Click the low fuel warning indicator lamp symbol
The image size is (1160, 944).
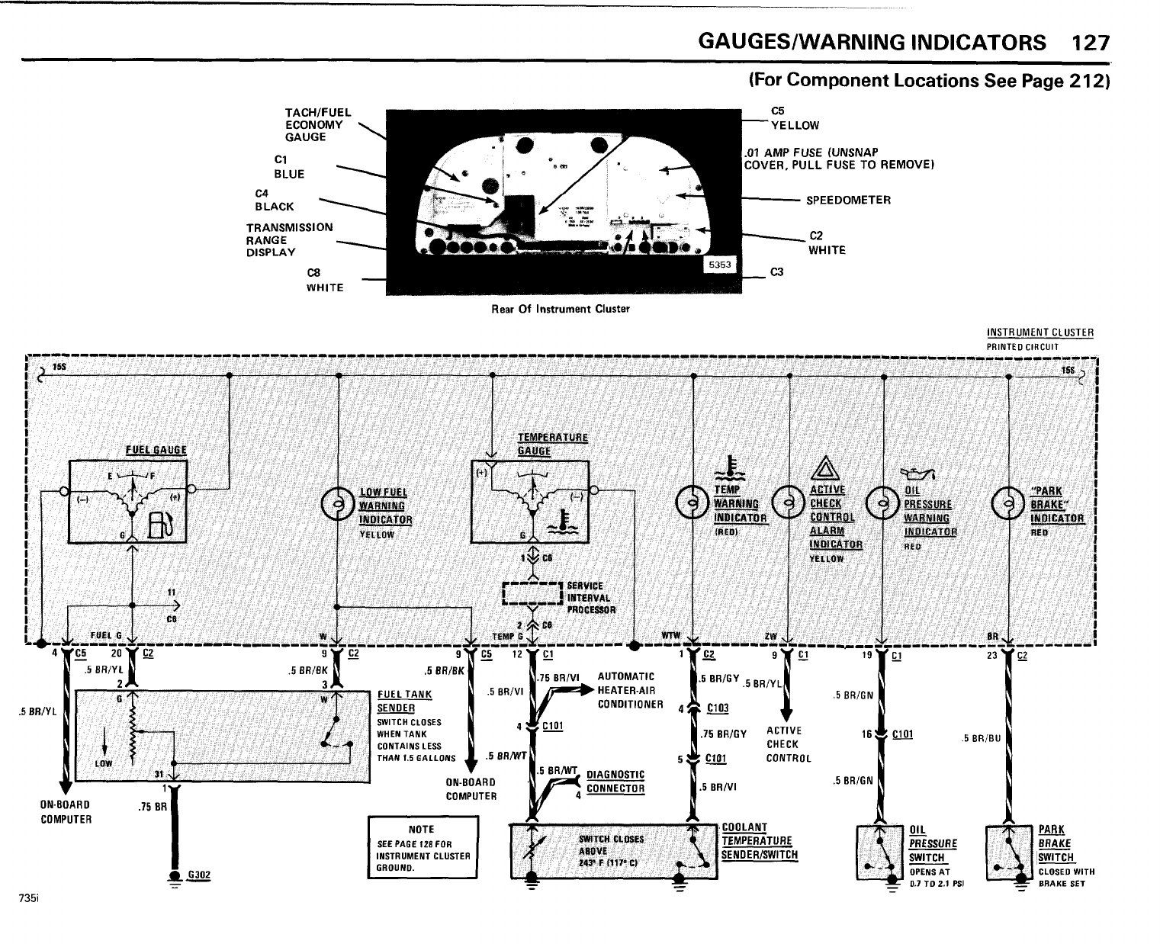click(x=336, y=504)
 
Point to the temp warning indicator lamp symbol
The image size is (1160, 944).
click(x=692, y=502)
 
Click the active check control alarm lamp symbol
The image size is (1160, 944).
click(x=789, y=503)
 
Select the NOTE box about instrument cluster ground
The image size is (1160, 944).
click(x=422, y=847)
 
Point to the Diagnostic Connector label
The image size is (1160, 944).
click(x=615, y=782)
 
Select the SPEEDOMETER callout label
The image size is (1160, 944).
click(x=848, y=201)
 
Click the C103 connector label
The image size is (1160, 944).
click(x=717, y=708)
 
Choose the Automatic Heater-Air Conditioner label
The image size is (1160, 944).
click(x=630, y=690)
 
